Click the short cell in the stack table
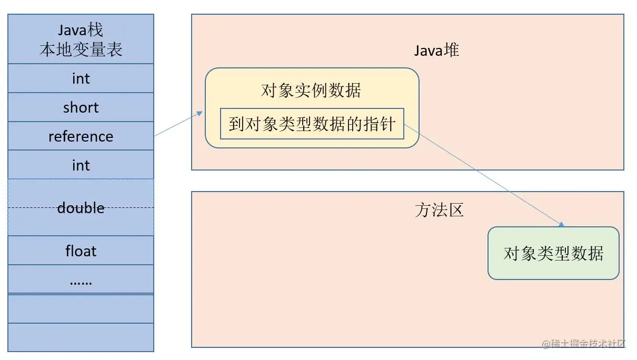point(81,107)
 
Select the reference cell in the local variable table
point(81,136)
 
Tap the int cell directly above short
point(81,78)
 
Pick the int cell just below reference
point(81,165)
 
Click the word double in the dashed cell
point(81,208)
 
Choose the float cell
point(81,251)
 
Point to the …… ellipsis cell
point(81,281)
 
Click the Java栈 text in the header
point(81,30)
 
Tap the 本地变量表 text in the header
point(81,49)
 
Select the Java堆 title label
point(436,50)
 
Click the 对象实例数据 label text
point(311,91)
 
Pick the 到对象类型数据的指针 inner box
point(312,124)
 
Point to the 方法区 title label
point(439,210)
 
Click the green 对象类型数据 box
point(553,253)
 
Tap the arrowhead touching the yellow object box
point(201,112)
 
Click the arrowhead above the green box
point(561,225)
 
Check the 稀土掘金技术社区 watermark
point(584,344)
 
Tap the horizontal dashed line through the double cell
point(32,207)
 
